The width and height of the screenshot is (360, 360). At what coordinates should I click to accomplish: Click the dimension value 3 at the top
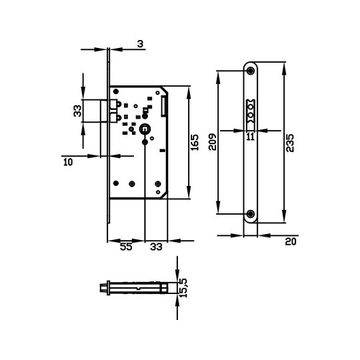point(140,44)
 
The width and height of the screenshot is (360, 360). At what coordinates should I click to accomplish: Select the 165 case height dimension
point(195,143)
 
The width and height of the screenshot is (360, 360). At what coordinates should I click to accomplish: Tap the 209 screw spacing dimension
point(213,142)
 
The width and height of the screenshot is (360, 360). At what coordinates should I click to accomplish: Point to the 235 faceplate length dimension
point(290,143)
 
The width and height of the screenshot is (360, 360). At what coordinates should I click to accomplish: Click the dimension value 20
point(291,242)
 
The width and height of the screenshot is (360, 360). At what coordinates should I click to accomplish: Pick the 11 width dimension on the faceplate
point(251,137)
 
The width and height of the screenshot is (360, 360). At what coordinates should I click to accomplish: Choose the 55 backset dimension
point(126,247)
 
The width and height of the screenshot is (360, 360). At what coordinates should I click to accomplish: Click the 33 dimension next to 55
point(156,247)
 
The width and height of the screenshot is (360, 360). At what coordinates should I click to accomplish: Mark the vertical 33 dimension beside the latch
point(77,111)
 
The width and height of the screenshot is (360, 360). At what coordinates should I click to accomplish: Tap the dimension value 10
point(68,162)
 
